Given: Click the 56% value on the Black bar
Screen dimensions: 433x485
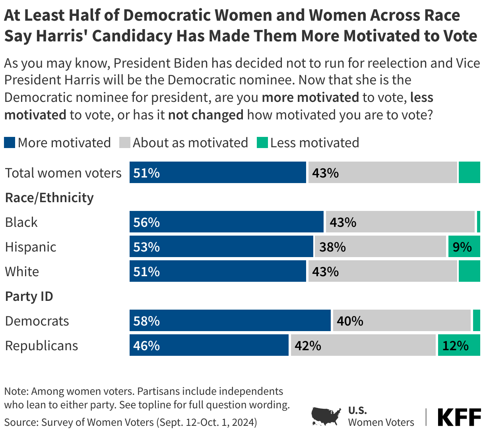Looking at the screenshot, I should coord(147,222).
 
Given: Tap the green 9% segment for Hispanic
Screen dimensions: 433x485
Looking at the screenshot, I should coord(464,247).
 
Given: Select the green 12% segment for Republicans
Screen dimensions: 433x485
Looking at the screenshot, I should coord(459,345).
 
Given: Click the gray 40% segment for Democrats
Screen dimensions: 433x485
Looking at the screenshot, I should coord(402,321).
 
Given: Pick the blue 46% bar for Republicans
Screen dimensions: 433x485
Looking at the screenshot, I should coord(209,345).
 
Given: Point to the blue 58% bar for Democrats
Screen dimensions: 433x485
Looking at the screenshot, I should coord(230,321).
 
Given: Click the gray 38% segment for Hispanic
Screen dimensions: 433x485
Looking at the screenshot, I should coord(380,247).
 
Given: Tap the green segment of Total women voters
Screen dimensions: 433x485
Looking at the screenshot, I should coord(469,173).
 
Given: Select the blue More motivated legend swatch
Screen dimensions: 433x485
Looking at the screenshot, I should coord(10,142).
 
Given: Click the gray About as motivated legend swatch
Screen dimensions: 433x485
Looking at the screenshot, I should coord(125,142).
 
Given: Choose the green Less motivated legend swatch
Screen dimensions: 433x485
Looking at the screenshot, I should coord(262,142).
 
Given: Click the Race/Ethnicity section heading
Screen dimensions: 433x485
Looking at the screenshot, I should coord(49,198).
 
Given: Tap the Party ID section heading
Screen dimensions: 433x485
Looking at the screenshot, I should coord(29,296).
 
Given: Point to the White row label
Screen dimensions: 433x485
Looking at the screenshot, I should coord(22,272).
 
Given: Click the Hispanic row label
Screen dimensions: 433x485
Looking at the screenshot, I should coord(31,247).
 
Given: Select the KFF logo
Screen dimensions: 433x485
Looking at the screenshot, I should coord(459,417).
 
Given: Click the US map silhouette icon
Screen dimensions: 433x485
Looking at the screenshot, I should coord(326,416).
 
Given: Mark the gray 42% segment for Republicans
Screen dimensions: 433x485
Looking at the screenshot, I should coord(363,345).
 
